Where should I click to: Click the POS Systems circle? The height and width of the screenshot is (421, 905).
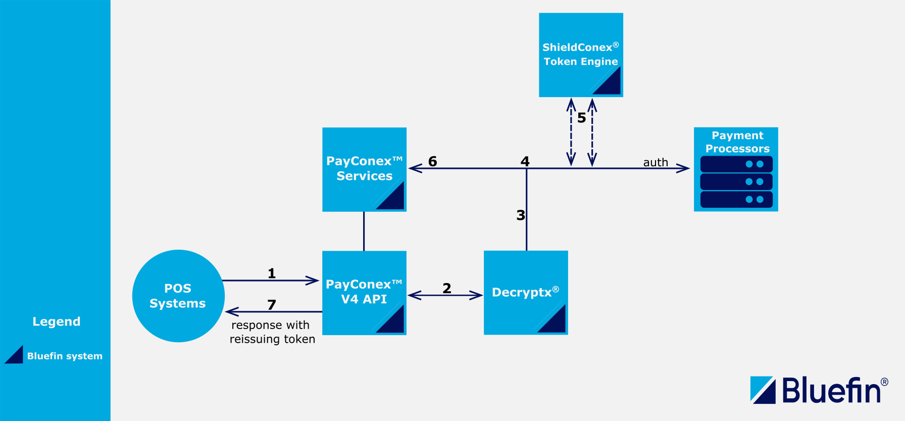pyautogui.click(x=178, y=296)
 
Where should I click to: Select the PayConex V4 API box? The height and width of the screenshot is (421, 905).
pyautogui.click(x=364, y=292)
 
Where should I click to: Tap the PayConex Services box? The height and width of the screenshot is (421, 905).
pyautogui.click(x=364, y=169)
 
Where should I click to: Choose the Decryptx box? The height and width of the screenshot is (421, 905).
pyautogui.click(x=525, y=292)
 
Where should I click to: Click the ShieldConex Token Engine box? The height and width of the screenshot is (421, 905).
pyautogui.click(x=581, y=55)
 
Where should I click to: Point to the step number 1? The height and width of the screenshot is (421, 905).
pyautogui.click(x=272, y=273)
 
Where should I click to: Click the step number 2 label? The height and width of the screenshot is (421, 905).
pyautogui.click(x=446, y=288)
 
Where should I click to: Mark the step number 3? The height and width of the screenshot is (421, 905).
pyautogui.click(x=521, y=215)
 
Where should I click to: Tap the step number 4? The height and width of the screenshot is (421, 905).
pyautogui.click(x=525, y=161)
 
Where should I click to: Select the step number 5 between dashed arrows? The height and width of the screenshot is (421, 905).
pyautogui.click(x=581, y=118)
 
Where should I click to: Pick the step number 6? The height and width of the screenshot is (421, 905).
pyautogui.click(x=432, y=161)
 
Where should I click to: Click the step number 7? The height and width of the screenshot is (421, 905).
pyautogui.click(x=272, y=305)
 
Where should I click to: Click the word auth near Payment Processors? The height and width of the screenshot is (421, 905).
pyautogui.click(x=656, y=162)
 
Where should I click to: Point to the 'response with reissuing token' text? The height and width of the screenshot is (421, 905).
pyautogui.click(x=272, y=332)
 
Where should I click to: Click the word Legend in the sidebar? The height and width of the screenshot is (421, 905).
pyautogui.click(x=57, y=321)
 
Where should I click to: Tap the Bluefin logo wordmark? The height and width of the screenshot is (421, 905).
pyautogui.click(x=831, y=391)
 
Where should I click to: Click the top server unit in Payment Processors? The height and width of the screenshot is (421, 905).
pyautogui.click(x=736, y=164)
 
